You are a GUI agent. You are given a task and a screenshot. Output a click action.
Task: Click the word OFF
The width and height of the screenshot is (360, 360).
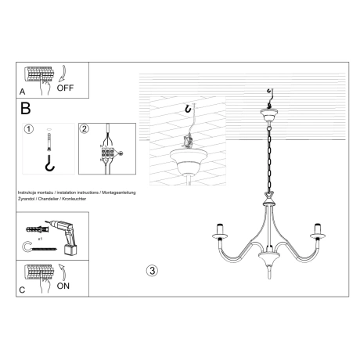click(x=65, y=88)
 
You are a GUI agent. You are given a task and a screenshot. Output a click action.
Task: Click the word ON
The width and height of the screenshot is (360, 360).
click(x=64, y=286)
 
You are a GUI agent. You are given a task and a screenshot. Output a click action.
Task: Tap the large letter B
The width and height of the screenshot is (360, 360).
click(x=25, y=107)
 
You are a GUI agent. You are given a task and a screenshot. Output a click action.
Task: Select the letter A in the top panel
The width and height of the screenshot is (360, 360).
click(x=22, y=92)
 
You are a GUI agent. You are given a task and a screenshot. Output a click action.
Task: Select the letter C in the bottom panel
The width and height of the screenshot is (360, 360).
click(x=22, y=290)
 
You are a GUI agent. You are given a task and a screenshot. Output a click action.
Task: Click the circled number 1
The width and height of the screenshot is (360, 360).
click(x=29, y=129)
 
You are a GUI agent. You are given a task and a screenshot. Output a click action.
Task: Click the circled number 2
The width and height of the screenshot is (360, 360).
click(x=85, y=129)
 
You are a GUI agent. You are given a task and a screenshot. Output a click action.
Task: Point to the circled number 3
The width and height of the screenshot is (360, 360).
click(x=152, y=272)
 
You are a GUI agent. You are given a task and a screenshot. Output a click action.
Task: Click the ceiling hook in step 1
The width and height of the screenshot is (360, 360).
click(x=49, y=165)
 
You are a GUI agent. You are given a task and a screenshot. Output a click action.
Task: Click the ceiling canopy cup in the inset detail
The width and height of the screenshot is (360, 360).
click(x=188, y=164)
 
